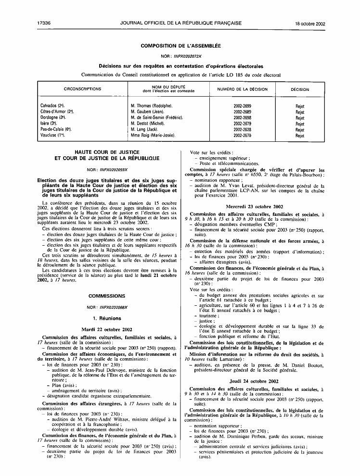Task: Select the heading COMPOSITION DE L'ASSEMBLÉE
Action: coord(180,46)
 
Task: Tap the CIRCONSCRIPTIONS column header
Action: coord(83,89)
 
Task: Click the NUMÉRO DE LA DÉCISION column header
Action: coord(242,89)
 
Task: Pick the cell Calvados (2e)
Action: coord(53,105)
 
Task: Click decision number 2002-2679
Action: coord(242,124)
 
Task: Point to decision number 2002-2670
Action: coord(242,136)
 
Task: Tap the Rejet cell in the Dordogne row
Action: coord(300,117)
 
